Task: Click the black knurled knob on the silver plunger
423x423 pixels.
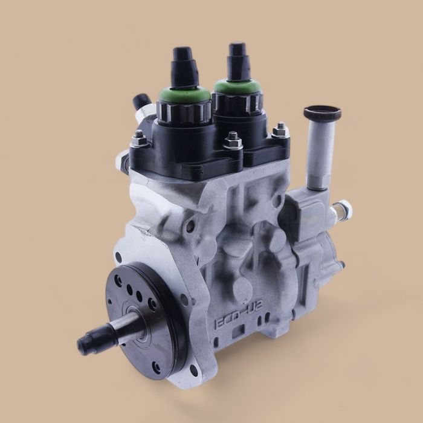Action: tap(322, 114)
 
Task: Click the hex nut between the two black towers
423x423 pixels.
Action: tap(233, 143)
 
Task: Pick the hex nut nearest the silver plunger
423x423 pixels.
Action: tap(280, 130)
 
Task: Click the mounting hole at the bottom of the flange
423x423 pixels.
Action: tap(194, 370)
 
